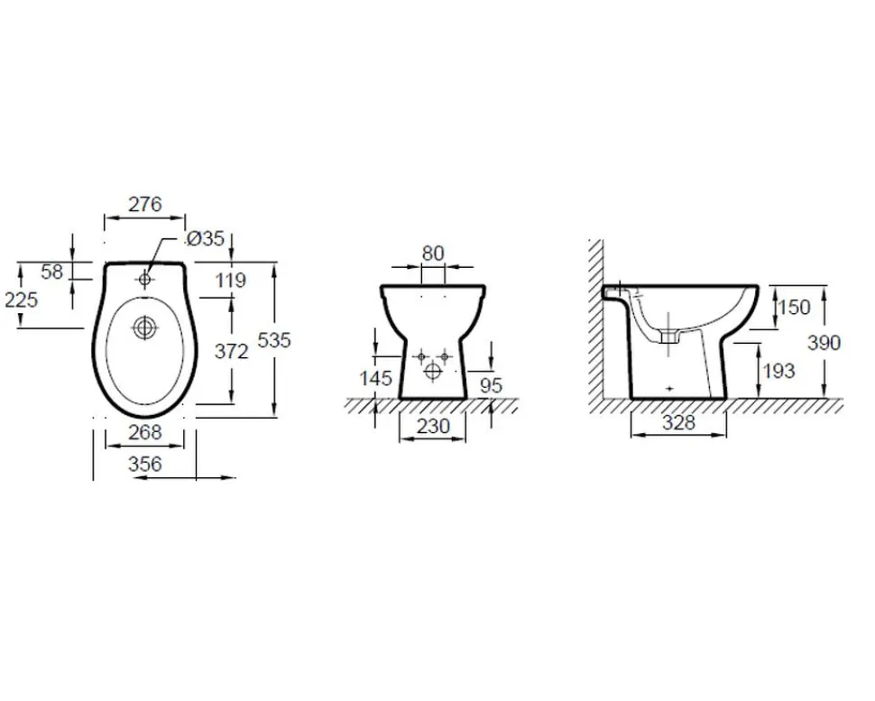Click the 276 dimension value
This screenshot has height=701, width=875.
point(145,204)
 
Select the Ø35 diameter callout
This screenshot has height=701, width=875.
point(206,239)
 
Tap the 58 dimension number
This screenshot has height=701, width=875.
point(52,272)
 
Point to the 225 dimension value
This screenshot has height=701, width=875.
point(22,300)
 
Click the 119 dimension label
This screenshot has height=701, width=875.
point(231,280)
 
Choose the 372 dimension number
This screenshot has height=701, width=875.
point(232,351)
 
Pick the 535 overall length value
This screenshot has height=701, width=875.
point(274,340)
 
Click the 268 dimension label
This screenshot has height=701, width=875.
point(145,431)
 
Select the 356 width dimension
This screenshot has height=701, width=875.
point(145,463)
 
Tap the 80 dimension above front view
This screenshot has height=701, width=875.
point(433,254)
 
